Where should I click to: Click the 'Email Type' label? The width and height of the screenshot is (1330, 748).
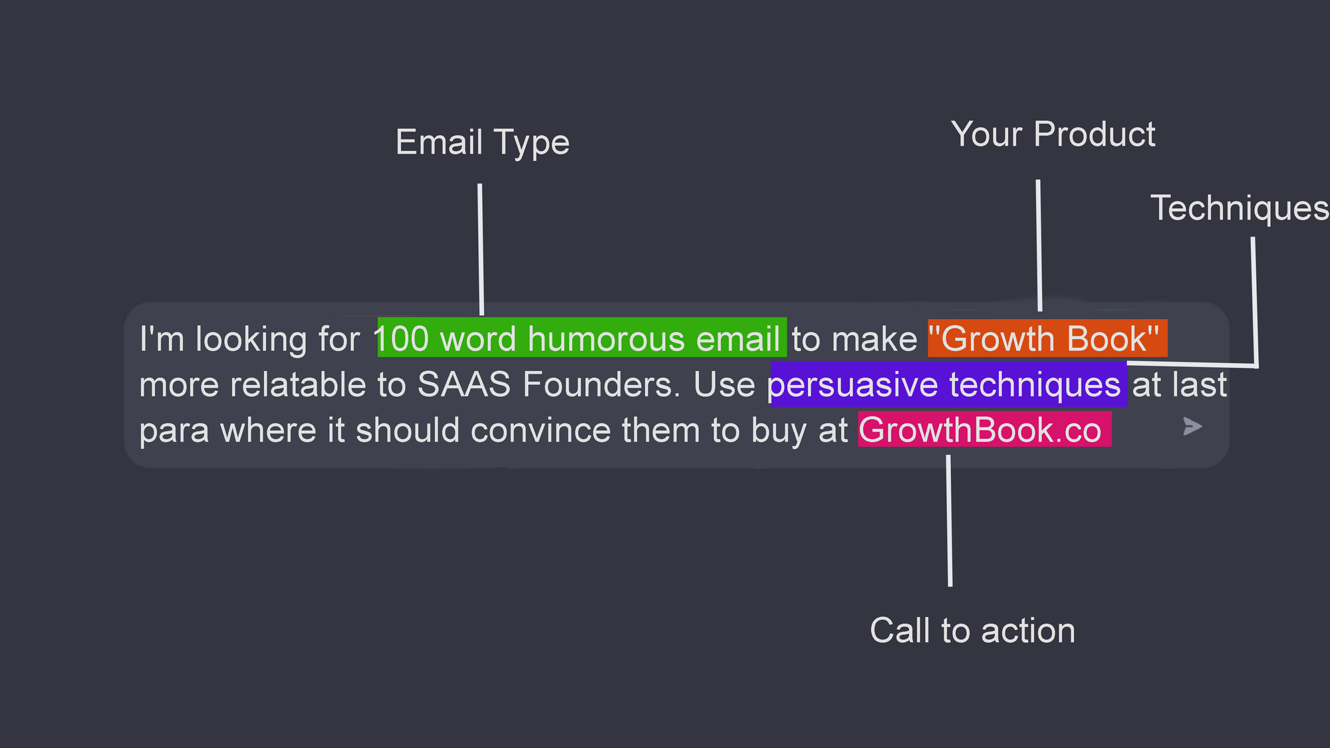[x=482, y=143]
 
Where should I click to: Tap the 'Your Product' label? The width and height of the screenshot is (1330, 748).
[x=1053, y=134]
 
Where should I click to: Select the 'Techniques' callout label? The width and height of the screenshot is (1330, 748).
[x=1240, y=208]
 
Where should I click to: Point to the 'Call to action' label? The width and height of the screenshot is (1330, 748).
[x=972, y=630]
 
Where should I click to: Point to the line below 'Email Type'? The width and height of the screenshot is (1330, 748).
[x=480, y=249]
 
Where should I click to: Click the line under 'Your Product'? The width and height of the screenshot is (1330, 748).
[x=1039, y=245]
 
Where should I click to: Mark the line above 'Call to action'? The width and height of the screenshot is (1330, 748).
[x=949, y=521]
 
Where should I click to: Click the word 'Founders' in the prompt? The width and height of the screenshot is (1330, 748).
[x=602, y=384]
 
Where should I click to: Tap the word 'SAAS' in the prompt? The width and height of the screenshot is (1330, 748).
[x=464, y=384]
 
